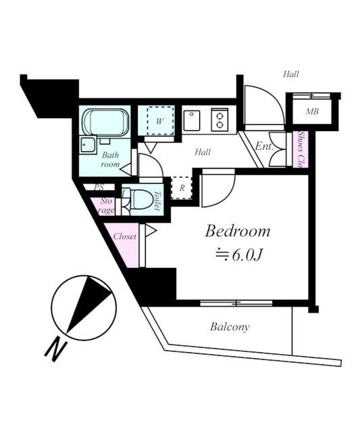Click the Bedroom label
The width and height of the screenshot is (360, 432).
pyautogui.click(x=237, y=231)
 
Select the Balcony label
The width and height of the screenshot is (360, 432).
pyautogui.click(x=230, y=327)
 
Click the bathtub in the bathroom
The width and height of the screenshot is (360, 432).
pyautogui.click(x=106, y=122)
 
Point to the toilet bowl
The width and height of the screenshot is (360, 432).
pyautogui.click(x=143, y=200)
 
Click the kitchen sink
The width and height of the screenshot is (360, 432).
pyautogui.click(x=192, y=121)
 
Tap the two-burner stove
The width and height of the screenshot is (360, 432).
pyautogui.click(x=220, y=119)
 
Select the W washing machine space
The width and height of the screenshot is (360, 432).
pyautogui.click(x=160, y=121)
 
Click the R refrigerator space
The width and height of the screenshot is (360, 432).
pyautogui.click(x=182, y=188)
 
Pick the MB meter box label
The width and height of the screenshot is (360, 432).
pyautogui.click(x=312, y=111)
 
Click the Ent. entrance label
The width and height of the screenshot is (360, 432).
pyautogui.click(x=264, y=146)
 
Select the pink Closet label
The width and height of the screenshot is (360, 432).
pyautogui.click(x=124, y=236)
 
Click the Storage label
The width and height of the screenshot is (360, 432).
pyautogui.click(x=105, y=206)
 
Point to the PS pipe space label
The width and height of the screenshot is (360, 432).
pyautogui.click(x=99, y=187)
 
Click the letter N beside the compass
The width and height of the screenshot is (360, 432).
pyautogui.click(x=56, y=351)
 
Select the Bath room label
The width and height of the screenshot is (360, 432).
pyautogui.click(x=110, y=159)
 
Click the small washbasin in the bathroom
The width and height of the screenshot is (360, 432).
pyautogui.click(x=88, y=145)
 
